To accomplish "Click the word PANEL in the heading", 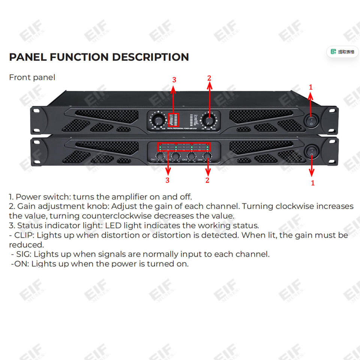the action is (28, 57).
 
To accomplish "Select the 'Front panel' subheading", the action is (32, 77).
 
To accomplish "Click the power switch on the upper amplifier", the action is (311, 121).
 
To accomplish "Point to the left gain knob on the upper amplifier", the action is (159, 120).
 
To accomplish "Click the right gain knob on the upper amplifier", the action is (208, 120).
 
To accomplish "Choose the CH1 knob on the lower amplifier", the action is (160, 156).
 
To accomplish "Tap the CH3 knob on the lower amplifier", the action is (192, 156).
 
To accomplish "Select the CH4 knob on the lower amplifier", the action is (207, 156).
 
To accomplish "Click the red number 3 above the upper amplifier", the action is (174, 79).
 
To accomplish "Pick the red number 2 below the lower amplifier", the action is (207, 180).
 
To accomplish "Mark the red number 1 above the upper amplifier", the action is (310, 87).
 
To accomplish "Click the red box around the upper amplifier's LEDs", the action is (174, 119).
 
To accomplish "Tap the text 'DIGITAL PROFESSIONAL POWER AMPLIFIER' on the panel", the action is (182, 129).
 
